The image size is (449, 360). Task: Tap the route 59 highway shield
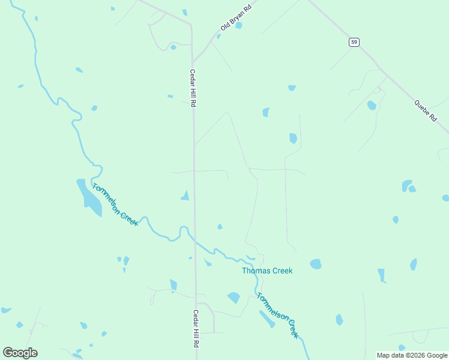point(355,42)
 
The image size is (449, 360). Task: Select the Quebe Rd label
point(425,111)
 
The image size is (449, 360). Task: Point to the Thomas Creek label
point(267,271)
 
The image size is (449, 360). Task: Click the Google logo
point(20,353)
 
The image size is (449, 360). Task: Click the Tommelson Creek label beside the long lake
point(115,204)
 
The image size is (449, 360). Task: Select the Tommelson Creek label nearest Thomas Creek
point(277,315)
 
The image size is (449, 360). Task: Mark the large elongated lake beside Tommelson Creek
point(88,196)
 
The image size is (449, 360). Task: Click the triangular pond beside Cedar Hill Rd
point(185,195)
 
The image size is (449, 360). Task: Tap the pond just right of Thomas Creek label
point(315,264)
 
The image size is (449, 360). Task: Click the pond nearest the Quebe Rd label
point(372,106)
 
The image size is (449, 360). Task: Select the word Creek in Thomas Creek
point(282,271)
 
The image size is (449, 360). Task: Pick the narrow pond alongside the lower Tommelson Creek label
point(267,319)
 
